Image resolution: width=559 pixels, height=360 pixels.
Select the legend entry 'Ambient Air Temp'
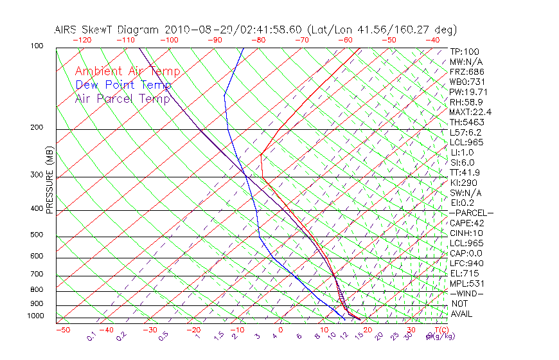(127, 71)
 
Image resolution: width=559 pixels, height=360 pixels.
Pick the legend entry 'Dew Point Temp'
(123, 85)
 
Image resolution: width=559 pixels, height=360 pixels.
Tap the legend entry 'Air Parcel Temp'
(123, 98)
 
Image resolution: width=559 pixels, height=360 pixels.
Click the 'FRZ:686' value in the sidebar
(467, 72)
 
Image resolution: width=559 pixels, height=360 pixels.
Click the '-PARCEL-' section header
(471, 213)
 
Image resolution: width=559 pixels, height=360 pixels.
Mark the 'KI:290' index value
(465, 183)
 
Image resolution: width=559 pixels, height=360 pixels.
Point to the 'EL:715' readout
(464, 273)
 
